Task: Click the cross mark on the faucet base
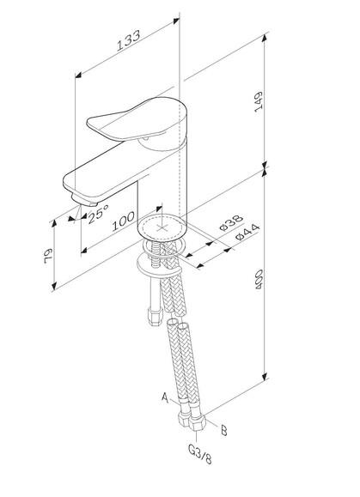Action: click(x=162, y=227)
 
